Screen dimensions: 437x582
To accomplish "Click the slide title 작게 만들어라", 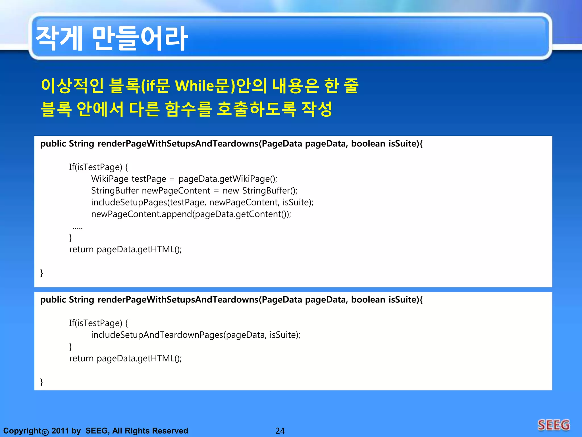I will point(111,38).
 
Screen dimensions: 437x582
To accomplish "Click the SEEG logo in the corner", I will point(553,425).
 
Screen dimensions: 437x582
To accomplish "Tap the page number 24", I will point(280,431).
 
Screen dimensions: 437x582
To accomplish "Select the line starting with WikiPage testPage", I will point(184,179).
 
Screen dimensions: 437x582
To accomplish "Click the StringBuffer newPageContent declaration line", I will point(194,191).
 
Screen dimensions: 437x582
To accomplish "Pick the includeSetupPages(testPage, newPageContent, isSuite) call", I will point(202,202).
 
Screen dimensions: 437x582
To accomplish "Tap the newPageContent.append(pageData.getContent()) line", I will point(191,214).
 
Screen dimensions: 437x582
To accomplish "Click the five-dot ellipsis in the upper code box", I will point(78,228).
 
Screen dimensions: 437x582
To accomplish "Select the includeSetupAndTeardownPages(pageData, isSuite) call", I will point(196,335).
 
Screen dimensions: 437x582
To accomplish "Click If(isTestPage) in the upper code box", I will point(98,167).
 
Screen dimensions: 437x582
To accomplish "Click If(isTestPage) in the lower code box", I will point(98,323).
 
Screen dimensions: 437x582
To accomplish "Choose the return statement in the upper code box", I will point(125,250).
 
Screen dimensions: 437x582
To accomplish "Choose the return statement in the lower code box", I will point(125,358).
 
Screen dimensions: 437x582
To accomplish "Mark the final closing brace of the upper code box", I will point(42,273).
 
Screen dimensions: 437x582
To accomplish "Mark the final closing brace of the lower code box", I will point(41,382).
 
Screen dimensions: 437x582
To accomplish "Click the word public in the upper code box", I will point(53,144).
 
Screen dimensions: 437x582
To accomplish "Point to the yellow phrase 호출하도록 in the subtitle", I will point(256,109).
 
